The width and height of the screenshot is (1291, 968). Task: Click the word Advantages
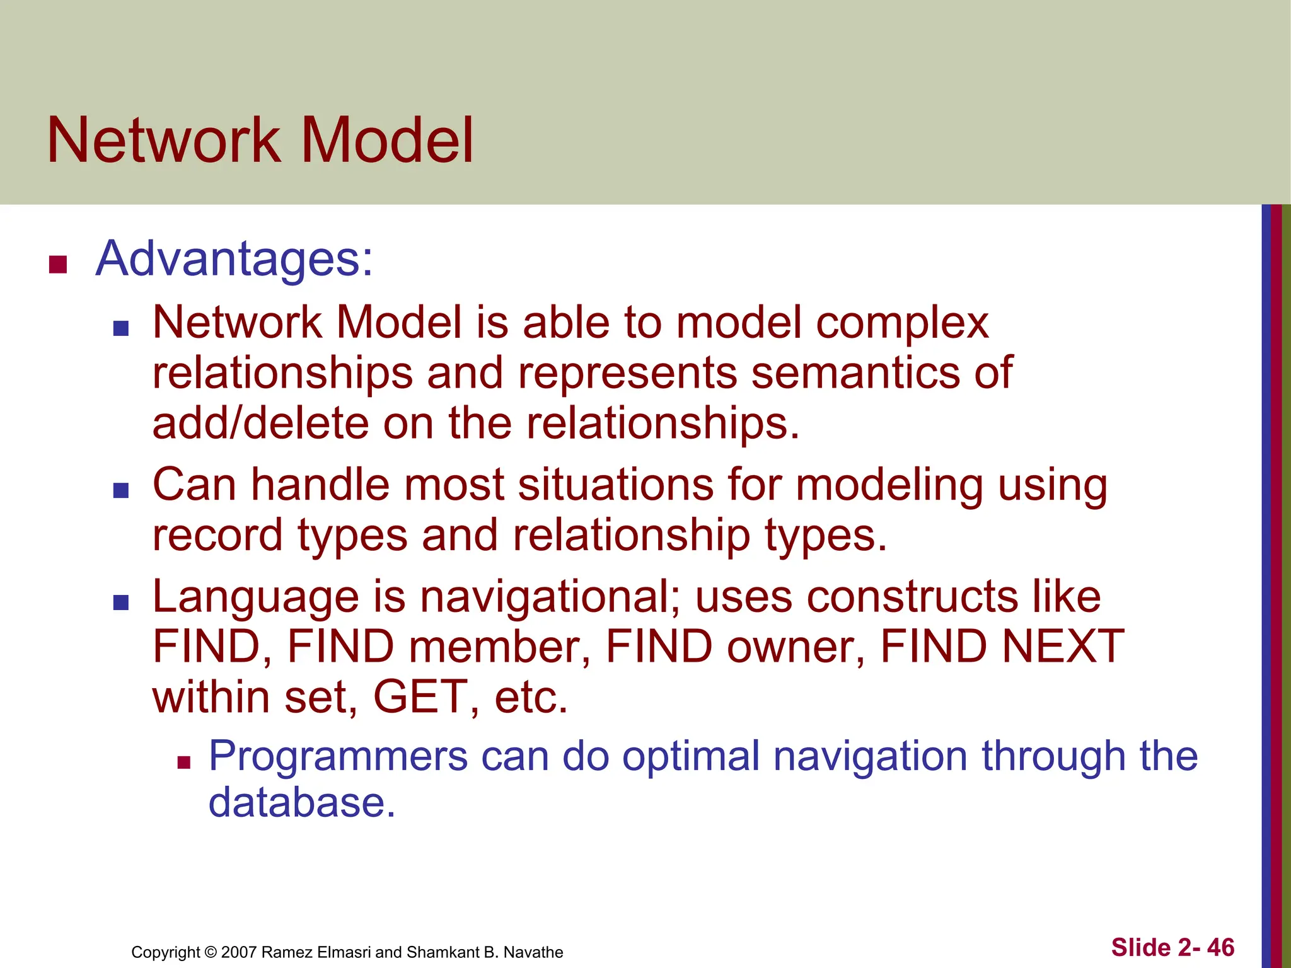coord(234,258)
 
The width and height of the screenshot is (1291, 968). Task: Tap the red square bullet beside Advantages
coord(58,265)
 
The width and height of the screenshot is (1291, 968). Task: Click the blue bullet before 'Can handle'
coord(121,490)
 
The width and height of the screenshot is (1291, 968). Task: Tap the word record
coord(217,535)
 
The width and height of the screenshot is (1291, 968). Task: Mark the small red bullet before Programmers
coord(183,764)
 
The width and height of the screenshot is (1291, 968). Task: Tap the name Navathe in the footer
coord(533,952)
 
